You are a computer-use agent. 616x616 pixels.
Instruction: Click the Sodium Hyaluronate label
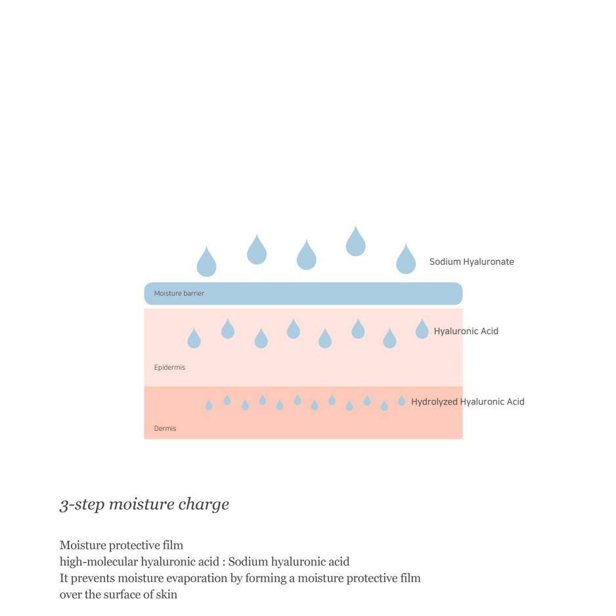pyautogui.click(x=472, y=261)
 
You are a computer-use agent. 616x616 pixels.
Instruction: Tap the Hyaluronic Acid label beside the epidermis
pyautogui.click(x=466, y=331)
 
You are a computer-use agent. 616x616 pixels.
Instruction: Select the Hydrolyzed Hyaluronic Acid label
pyautogui.click(x=468, y=401)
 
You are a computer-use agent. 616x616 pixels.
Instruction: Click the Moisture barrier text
pyautogui.click(x=179, y=294)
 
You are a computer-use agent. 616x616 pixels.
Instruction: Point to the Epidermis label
pyautogui.click(x=169, y=367)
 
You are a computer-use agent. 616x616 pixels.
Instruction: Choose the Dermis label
pyautogui.click(x=165, y=428)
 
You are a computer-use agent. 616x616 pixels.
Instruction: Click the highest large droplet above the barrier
pyautogui.click(x=355, y=242)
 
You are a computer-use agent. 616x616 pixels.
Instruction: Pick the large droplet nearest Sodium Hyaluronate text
pyautogui.click(x=406, y=259)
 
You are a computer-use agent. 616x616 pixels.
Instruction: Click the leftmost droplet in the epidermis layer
pyautogui.click(x=194, y=339)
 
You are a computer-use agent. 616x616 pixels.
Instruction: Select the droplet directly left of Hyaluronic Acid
pyautogui.click(x=422, y=329)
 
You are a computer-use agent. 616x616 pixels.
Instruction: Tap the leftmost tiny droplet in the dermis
pyautogui.click(x=209, y=405)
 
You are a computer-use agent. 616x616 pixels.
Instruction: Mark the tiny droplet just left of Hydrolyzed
pyautogui.click(x=401, y=401)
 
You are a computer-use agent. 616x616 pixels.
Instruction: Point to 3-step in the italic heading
pyautogui.click(x=81, y=505)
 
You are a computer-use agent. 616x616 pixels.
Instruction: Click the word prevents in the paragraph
pyautogui.click(x=93, y=579)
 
